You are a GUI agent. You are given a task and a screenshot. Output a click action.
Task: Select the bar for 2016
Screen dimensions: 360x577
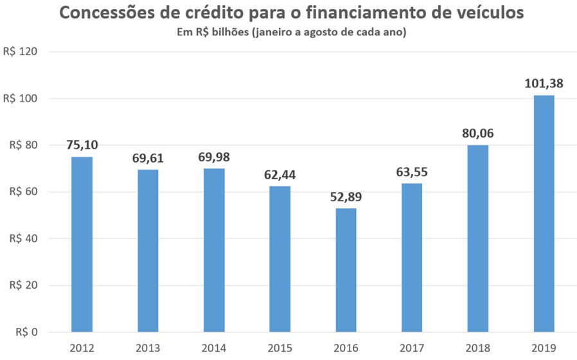(345, 270)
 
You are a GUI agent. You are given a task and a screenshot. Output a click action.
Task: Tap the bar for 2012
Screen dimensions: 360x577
(82, 244)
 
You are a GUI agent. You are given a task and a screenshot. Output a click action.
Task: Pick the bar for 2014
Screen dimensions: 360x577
(213, 250)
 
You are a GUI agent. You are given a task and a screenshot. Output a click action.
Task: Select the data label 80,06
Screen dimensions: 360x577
(477, 134)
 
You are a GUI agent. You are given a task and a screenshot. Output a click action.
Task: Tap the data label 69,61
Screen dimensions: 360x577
(148, 158)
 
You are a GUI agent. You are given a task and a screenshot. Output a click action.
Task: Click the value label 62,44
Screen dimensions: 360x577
(280, 175)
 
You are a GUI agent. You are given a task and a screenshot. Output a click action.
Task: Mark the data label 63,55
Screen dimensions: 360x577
(411, 172)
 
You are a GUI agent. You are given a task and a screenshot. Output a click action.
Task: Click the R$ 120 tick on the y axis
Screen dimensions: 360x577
(21, 52)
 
